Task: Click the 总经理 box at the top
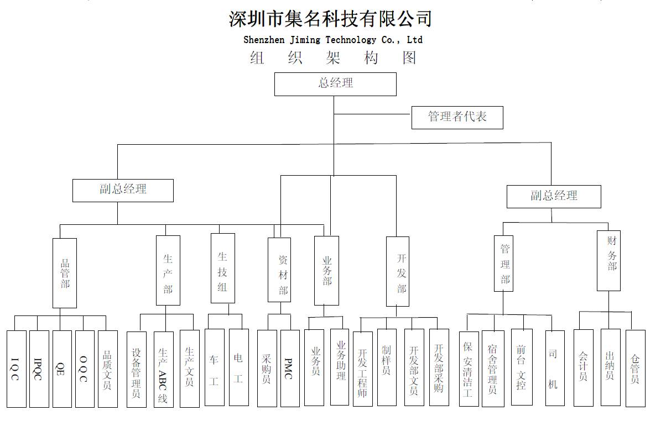click(335, 85)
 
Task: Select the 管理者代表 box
click(457, 118)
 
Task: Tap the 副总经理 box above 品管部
click(123, 191)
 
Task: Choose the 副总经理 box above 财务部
click(554, 197)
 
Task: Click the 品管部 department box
click(65, 273)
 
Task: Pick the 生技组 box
click(223, 268)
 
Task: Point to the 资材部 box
click(279, 270)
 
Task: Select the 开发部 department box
click(398, 271)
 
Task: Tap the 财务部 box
click(608, 261)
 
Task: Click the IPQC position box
click(39, 369)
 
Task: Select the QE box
click(62, 369)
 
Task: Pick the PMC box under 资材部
click(290, 369)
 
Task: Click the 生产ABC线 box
click(164, 370)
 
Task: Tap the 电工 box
click(239, 367)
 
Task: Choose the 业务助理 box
click(340, 367)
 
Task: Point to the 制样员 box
click(387, 367)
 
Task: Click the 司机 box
click(555, 368)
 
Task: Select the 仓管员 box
click(636, 369)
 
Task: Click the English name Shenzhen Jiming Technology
click(310, 40)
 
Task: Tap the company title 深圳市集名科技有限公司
click(330, 19)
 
